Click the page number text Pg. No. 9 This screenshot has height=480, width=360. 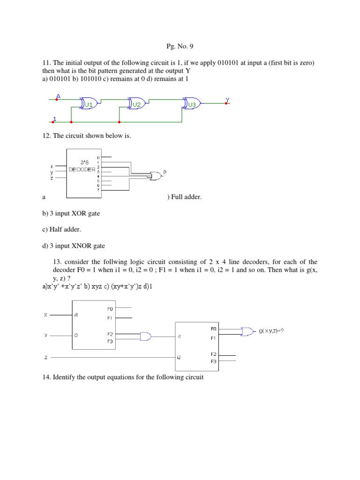pyautogui.click(x=180, y=46)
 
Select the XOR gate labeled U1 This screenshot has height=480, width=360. pyautogui.click(x=89, y=104)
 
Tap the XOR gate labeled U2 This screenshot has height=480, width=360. pyautogui.click(x=136, y=104)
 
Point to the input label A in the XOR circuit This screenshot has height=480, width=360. pyautogui.click(x=58, y=96)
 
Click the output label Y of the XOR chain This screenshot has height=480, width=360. pyautogui.click(x=227, y=99)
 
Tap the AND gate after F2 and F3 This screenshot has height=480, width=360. pyautogui.click(x=145, y=336)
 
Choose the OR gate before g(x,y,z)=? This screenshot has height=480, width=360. pyautogui.click(x=246, y=331)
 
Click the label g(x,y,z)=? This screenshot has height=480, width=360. pyautogui.click(x=271, y=331)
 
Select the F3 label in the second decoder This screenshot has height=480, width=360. pyautogui.click(x=213, y=361)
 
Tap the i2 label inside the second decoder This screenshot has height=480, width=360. pyautogui.click(x=179, y=357)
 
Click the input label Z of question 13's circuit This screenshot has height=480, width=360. pyautogui.click(x=46, y=357)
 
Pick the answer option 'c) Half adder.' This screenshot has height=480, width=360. pyautogui.click(x=63, y=229)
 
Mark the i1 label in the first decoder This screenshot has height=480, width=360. pyautogui.click(x=76, y=315)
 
